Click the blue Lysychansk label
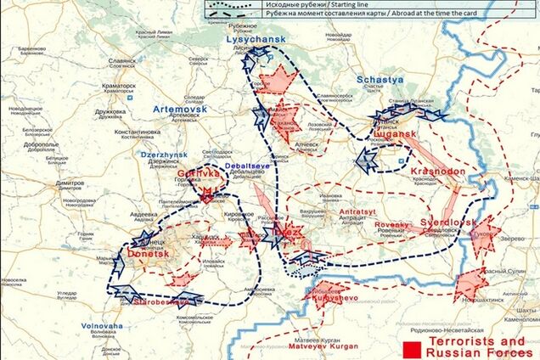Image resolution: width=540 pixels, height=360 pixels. [x=256, y=39]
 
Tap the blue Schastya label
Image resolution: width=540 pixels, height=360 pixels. [x=380, y=80]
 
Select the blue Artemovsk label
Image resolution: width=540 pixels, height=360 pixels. [x=182, y=110]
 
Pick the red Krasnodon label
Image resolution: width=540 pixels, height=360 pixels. [x=437, y=171]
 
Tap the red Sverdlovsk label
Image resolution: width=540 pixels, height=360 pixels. [x=448, y=222]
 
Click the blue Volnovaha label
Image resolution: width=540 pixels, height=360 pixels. [x=102, y=326]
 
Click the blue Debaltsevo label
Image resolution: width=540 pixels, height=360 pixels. [x=249, y=165]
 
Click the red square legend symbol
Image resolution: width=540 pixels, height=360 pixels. [x=412, y=348]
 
